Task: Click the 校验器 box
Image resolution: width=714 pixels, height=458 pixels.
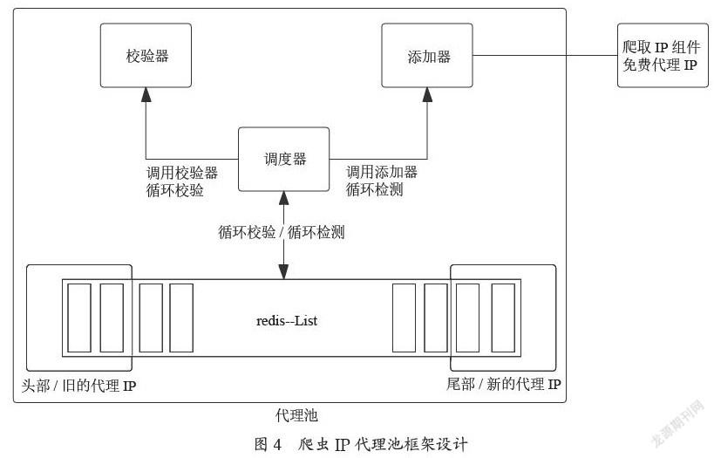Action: tap(146, 55)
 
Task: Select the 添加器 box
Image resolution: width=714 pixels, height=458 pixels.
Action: tap(427, 55)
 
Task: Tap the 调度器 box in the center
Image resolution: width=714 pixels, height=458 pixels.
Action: tap(283, 159)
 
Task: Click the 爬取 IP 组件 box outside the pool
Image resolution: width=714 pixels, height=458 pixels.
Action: tap(663, 55)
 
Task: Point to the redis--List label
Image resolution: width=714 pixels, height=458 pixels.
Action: tap(287, 320)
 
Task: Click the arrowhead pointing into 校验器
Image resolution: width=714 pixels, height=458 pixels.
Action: tap(146, 94)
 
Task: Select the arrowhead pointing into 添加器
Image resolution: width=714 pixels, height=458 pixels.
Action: tap(427, 94)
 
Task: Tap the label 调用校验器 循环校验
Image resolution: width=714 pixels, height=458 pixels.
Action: tap(181, 181)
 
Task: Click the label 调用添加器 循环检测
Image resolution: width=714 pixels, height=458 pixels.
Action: tap(382, 181)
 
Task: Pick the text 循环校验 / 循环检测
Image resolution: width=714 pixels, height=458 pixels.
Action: tap(282, 232)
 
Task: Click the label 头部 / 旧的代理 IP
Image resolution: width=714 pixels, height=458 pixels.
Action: tap(78, 386)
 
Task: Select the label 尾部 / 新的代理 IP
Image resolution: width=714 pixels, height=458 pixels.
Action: tap(504, 384)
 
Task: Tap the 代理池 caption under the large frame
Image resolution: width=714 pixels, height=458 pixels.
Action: tap(296, 415)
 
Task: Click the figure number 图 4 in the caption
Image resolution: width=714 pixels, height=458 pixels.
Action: tap(269, 443)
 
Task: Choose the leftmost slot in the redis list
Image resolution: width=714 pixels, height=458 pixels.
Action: tap(79, 318)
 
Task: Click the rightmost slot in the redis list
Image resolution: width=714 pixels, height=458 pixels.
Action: tap(503, 318)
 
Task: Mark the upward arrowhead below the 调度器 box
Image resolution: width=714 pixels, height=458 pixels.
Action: tap(283, 198)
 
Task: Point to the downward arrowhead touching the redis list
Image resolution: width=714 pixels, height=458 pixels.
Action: tap(283, 272)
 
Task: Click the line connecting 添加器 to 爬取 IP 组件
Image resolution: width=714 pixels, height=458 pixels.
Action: tap(545, 56)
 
